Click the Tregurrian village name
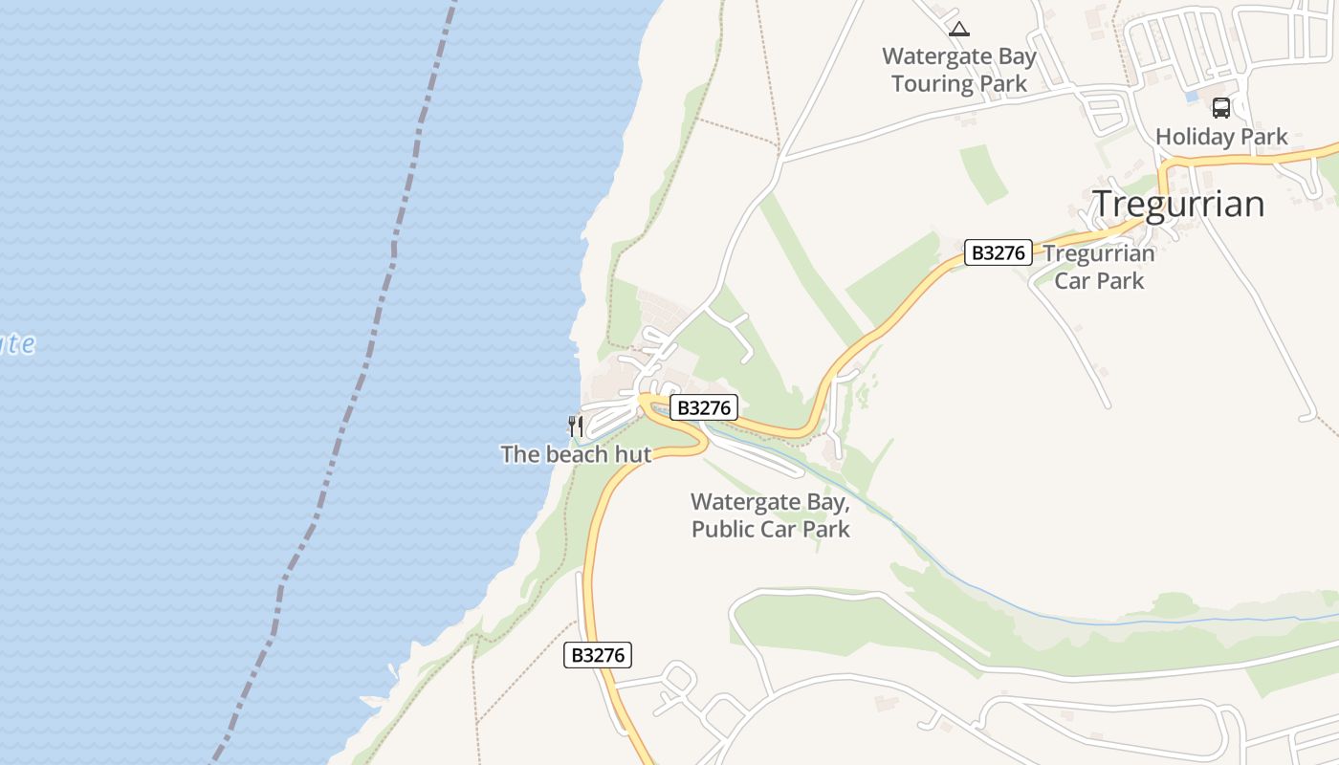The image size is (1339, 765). coord(1178,204)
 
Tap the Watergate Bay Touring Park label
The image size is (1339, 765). coord(959,70)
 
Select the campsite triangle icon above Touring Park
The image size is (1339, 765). coord(959,29)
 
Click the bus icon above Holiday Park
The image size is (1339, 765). coord(1221,107)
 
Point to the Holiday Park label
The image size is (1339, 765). coord(1221,137)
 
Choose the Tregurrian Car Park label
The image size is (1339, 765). coord(1099,267)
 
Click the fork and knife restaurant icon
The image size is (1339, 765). coord(576,426)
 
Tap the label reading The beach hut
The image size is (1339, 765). coord(576,454)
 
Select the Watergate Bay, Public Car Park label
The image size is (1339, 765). coord(771,514)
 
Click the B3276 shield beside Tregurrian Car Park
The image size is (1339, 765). coord(998,252)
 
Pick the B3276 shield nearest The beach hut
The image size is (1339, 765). coord(703,408)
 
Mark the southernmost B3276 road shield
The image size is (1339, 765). coord(598,655)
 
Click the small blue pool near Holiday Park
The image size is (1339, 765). coord(1192,97)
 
